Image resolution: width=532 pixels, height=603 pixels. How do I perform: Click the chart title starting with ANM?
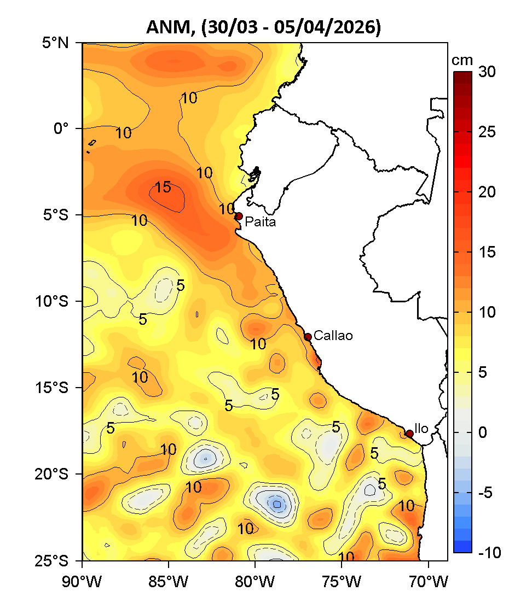[263, 27]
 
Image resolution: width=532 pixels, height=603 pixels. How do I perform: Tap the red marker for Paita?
[239, 216]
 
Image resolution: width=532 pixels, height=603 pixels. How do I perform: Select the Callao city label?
[333, 336]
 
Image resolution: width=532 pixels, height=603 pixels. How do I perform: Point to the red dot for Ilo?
[409, 434]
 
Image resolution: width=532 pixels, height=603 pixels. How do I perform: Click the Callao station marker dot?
[308, 337]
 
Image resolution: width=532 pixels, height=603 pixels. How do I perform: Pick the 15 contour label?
[163, 188]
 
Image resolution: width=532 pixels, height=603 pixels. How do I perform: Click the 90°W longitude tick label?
[82, 578]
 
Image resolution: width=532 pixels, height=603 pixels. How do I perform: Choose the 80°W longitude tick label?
[255, 578]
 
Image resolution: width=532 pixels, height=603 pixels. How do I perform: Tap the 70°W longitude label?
[427, 578]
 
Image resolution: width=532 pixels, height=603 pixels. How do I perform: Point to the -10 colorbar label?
[489, 553]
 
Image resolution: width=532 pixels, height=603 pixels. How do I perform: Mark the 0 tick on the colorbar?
[482, 432]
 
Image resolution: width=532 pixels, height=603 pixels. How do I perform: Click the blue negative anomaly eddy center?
[277, 504]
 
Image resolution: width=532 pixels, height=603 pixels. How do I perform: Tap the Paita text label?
[260, 222]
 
